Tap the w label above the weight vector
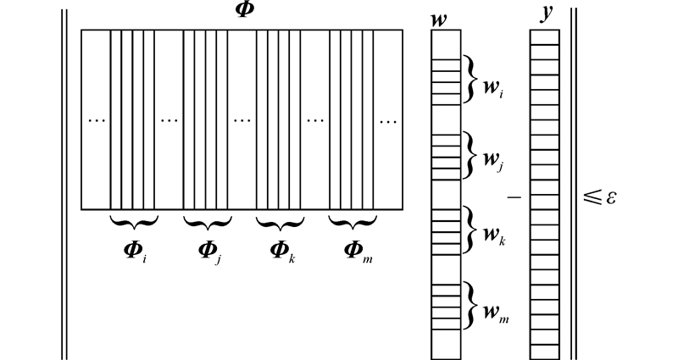[439, 19]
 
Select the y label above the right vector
[546, 15]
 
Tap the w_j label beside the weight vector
[493, 161]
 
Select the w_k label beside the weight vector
[493, 235]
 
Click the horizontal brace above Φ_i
[134, 223]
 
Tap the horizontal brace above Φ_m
[353, 223]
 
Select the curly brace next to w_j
[469, 154]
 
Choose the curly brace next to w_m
[469, 305]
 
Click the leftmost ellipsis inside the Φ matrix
[97, 120]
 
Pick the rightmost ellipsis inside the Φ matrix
[388, 120]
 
